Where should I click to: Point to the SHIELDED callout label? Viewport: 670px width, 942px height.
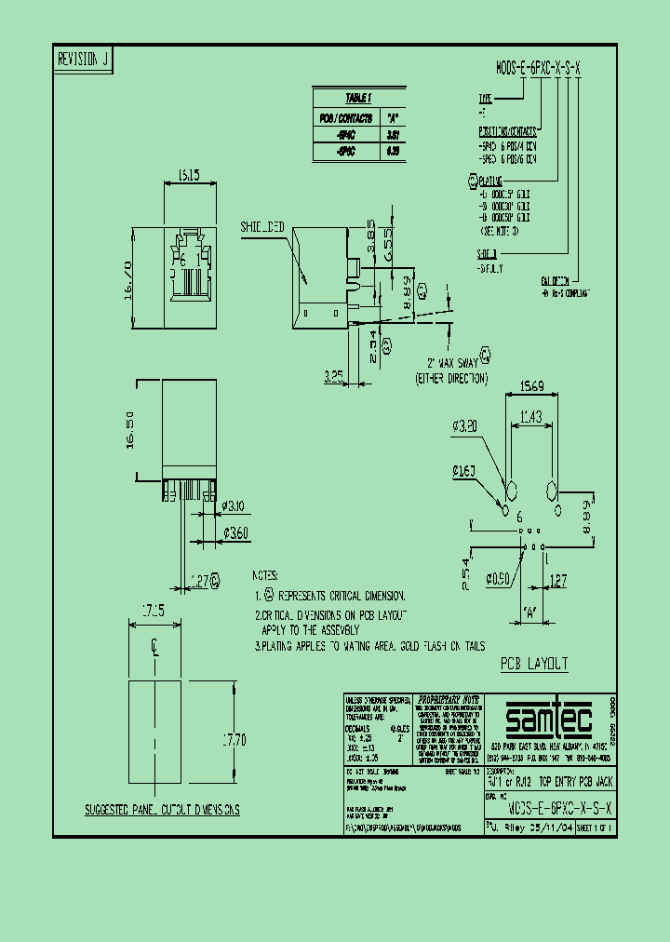click(x=263, y=226)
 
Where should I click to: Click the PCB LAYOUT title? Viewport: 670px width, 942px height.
click(x=534, y=664)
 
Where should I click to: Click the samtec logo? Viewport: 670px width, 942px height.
click(x=547, y=720)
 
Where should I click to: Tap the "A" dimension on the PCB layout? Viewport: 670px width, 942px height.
click(x=531, y=613)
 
